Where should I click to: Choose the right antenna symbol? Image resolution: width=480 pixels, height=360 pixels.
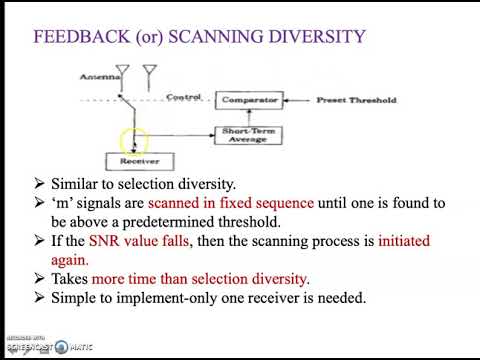[x=152, y=73]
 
